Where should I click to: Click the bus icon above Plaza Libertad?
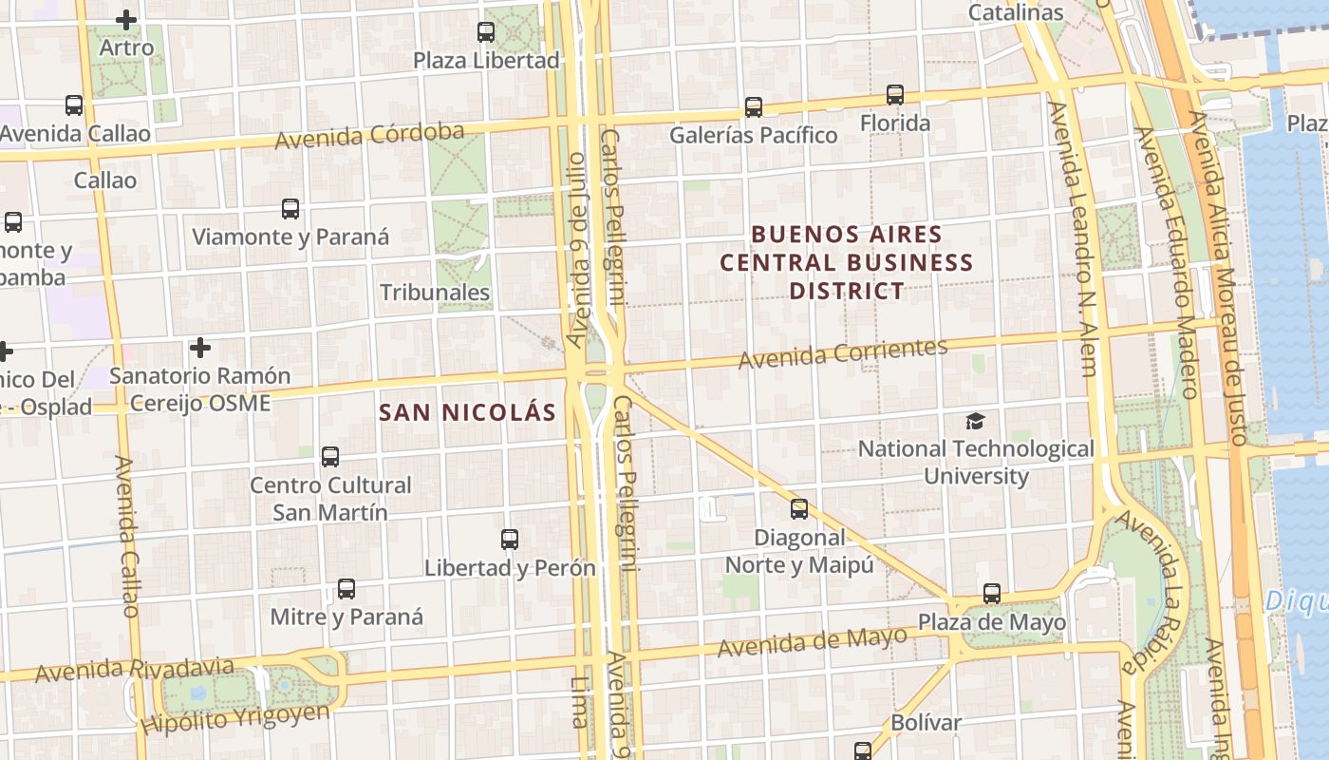pos(486,32)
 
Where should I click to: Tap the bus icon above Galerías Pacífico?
pos(754,107)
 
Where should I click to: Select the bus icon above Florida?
pos(895,95)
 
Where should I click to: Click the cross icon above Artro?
pos(125,19)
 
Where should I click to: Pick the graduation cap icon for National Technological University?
pos(976,421)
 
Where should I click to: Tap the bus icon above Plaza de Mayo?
pos(992,595)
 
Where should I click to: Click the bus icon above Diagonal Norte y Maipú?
pos(799,509)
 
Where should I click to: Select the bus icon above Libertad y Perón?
pos(510,540)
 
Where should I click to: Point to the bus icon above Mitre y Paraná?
pos(346,589)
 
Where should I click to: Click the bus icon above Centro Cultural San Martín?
pos(330,457)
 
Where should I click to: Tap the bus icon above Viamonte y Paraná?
pos(290,209)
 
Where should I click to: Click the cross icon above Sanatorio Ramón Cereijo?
pos(200,348)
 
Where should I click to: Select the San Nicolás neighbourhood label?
pos(467,412)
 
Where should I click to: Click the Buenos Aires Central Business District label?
pos(846,262)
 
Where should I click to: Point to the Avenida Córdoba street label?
pos(369,136)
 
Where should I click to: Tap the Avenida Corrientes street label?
pos(843,353)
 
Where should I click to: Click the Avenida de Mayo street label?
pos(813,642)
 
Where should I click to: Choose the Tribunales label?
pos(435,293)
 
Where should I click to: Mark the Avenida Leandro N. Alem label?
pos(1073,237)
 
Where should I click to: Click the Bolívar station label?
pos(926,722)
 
